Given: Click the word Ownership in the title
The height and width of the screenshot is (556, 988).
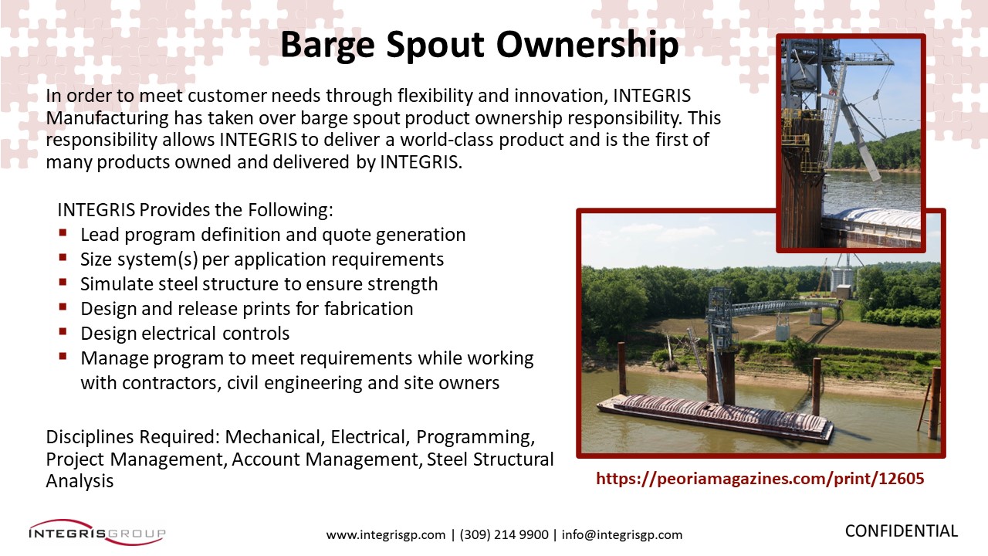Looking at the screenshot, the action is pos(587,46).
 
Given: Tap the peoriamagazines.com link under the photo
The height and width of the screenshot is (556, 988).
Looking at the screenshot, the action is pos(760,479).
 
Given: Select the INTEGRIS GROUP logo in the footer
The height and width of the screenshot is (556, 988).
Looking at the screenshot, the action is pos(97,533).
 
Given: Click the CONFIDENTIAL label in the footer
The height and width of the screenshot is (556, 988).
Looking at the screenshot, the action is pos(901,531).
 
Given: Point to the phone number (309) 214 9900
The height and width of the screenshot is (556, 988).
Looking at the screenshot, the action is pos(504,535).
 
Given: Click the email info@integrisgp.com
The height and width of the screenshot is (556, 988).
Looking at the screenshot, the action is pos(622,535).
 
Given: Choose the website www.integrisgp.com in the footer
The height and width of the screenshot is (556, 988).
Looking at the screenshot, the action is pos(385,535).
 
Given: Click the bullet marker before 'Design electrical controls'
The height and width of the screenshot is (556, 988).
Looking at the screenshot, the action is pos(63,331).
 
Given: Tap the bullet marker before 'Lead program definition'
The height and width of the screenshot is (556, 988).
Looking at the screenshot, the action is pos(63,232).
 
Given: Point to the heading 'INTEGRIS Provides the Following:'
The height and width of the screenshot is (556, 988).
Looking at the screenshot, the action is pos(195,210).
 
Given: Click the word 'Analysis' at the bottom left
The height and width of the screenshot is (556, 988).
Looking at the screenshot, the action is pos(80,481).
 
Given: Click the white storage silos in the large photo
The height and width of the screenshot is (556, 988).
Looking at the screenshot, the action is pos(841,278).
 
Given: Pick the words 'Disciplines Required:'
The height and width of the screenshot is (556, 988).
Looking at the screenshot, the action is pos(133,437).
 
